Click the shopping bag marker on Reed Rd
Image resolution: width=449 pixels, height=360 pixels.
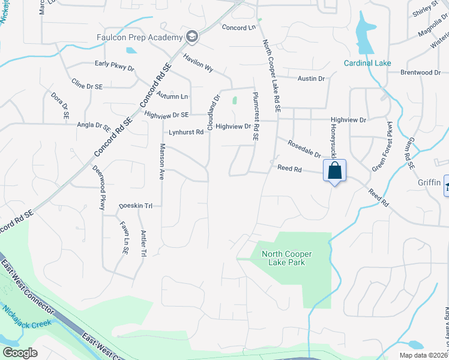(x=334, y=170)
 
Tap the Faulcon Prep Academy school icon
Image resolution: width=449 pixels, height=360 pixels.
(x=192, y=37)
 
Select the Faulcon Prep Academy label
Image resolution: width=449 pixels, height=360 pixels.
(x=139, y=38)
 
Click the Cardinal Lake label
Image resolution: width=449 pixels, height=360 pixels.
(x=367, y=63)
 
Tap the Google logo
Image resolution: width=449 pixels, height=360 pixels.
(x=20, y=352)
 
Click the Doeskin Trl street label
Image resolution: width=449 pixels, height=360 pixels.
(x=136, y=205)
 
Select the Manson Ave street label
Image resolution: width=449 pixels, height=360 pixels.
(x=161, y=161)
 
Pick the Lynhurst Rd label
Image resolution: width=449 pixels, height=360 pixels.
(x=186, y=132)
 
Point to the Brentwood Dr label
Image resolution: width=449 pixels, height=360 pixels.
(x=421, y=73)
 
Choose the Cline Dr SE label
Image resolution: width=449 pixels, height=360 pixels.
(x=87, y=86)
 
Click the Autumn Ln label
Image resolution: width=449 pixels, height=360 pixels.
(x=172, y=96)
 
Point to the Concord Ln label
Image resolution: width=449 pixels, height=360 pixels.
(x=238, y=28)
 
